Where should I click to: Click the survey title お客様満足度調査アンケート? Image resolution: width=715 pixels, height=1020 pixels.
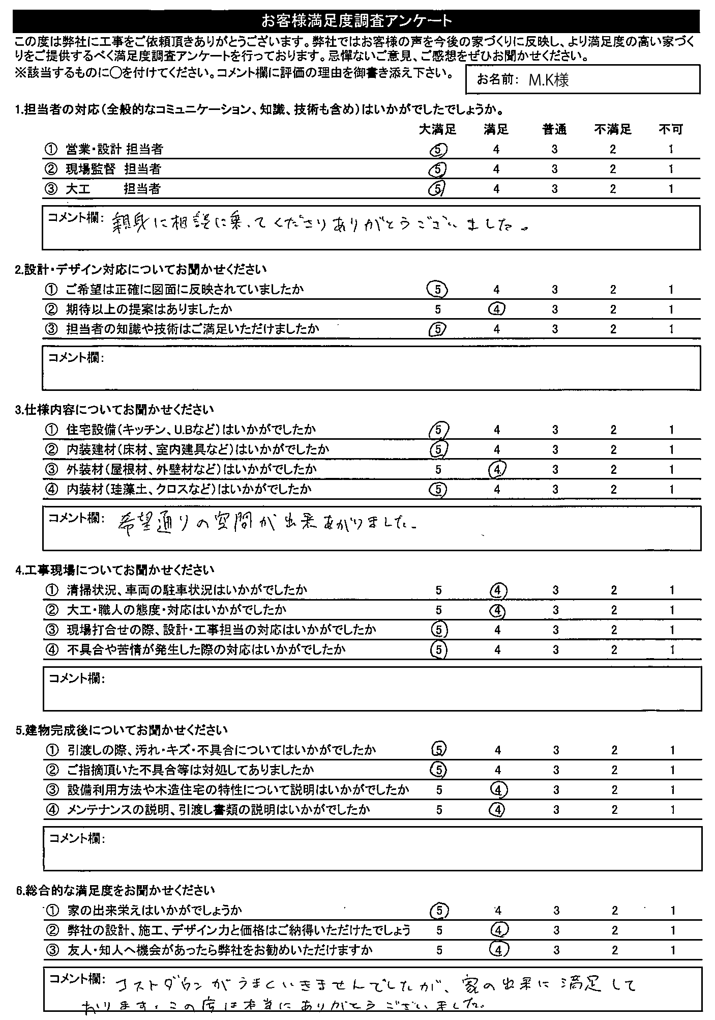[x=356, y=21]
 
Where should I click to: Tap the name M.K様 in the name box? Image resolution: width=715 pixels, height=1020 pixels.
[x=548, y=80]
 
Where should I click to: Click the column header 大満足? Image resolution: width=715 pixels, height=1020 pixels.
[x=438, y=130]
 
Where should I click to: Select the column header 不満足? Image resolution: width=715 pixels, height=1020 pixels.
[x=613, y=130]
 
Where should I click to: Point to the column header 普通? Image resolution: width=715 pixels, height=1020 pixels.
[x=554, y=130]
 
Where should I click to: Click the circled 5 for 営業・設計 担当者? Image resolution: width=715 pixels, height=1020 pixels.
[x=439, y=149]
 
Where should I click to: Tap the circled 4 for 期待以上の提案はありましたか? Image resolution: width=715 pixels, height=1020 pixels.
[x=496, y=309]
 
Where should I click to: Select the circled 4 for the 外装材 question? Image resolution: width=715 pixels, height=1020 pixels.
[x=497, y=469]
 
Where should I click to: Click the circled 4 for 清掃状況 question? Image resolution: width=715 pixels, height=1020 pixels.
[x=497, y=590]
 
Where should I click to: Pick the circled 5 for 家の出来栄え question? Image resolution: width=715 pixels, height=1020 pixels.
[x=439, y=910]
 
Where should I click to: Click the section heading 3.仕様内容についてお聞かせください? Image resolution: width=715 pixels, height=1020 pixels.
[x=115, y=410]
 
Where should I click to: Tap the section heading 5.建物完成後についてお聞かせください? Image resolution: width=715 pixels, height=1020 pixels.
[x=122, y=730]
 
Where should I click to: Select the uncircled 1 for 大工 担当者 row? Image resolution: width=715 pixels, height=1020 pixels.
[x=671, y=189]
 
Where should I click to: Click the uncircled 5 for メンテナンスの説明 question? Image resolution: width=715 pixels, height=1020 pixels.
[x=439, y=810]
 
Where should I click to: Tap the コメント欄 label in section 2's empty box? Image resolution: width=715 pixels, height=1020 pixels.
[x=75, y=358]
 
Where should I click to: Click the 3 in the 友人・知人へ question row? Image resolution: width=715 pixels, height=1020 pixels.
[x=557, y=950]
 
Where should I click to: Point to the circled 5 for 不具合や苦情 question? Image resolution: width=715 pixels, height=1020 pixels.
[x=439, y=649]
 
